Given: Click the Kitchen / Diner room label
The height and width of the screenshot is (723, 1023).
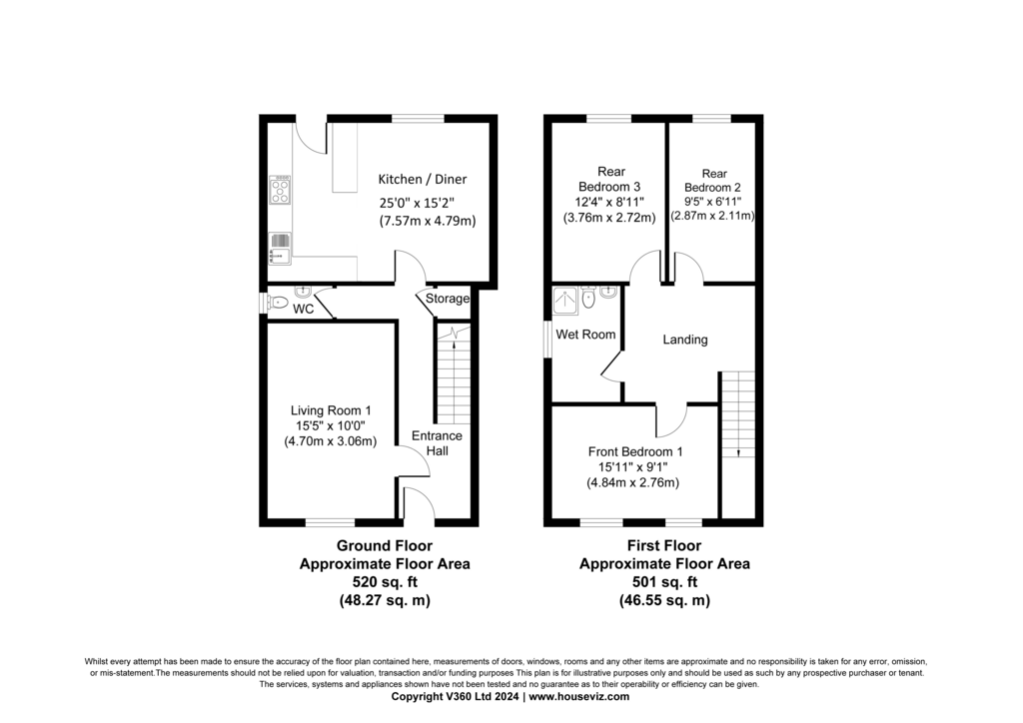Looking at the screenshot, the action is [x=423, y=180].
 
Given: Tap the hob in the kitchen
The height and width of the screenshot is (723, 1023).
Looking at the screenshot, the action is [x=280, y=190].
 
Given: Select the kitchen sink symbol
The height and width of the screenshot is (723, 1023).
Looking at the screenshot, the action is [x=280, y=249].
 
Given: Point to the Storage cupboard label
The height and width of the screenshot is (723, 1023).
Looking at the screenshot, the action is [x=448, y=299].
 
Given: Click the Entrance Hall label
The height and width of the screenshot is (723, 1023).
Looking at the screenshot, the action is [x=437, y=443].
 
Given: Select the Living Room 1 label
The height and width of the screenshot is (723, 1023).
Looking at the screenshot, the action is [x=331, y=410].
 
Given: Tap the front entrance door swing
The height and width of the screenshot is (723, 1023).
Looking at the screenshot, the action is [x=420, y=503].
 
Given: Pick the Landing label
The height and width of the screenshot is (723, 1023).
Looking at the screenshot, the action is [x=685, y=340].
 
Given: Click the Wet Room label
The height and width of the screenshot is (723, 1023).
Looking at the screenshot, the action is [x=585, y=335].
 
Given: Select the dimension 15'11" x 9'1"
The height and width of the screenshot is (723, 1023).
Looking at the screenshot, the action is [x=632, y=467].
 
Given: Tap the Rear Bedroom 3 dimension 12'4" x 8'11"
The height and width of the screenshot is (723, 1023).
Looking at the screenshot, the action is [x=610, y=202].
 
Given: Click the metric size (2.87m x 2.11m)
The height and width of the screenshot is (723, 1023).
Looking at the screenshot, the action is [x=712, y=216].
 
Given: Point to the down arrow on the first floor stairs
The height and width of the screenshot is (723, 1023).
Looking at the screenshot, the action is [x=738, y=451].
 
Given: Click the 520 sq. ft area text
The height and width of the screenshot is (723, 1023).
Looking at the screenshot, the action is [x=385, y=582].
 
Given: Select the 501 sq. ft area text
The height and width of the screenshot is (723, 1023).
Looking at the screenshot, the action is [x=664, y=582].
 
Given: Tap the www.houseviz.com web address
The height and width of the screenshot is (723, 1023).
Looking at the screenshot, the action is [x=578, y=696].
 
